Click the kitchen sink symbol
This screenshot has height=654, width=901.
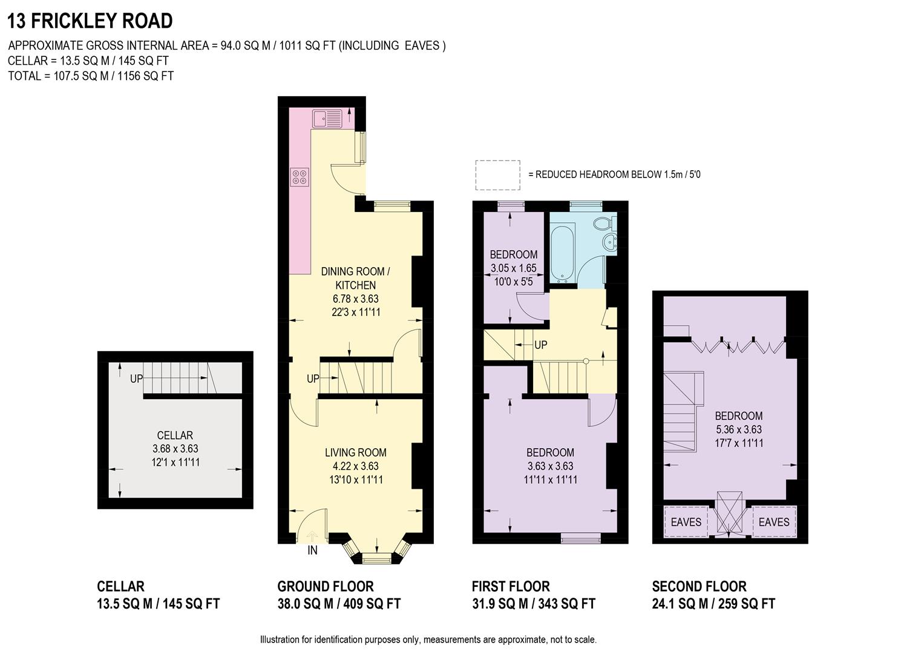coord(327,118)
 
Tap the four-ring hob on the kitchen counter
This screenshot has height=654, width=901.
coord(300,176)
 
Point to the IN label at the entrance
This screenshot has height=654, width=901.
coord(312,550)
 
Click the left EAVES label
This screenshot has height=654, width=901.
coord(686,522)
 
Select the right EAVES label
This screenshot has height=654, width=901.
coord(774,522)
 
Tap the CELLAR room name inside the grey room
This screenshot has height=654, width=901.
coord(175,435)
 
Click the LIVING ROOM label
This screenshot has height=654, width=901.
coord(355,452)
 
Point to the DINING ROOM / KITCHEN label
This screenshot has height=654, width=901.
coord(356,278)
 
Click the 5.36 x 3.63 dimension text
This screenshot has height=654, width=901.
coord(738,429)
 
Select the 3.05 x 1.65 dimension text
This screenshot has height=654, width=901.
coord(513,268)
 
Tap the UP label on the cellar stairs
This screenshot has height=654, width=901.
coord(136,378)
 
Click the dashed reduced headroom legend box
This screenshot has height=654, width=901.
coord(497,175)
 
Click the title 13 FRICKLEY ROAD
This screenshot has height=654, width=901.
coord(90,21)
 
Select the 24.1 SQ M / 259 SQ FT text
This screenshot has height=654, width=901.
coord(713,604)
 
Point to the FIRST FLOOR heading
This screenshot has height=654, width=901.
coord(511,586)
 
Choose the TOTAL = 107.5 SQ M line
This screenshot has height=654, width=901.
coord(91,76)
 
